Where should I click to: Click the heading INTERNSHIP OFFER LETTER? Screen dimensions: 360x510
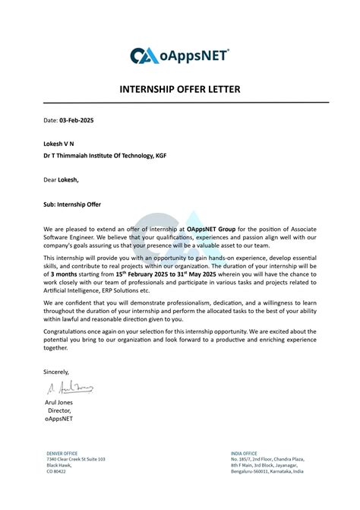pyautogui.click(x=180, y=90)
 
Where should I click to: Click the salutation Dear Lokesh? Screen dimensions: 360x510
pyautogui.click(x=61, y=180)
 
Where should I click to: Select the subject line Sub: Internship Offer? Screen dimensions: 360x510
pyautogui.click(x=72, y=204)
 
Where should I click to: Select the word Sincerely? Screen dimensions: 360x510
pyautogui.click(x=56, y=372)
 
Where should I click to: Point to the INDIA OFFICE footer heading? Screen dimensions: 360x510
pyautogui.click(x=245, y=453)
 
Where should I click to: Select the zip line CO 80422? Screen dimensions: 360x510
pyautogui.click(x=57, y=471)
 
